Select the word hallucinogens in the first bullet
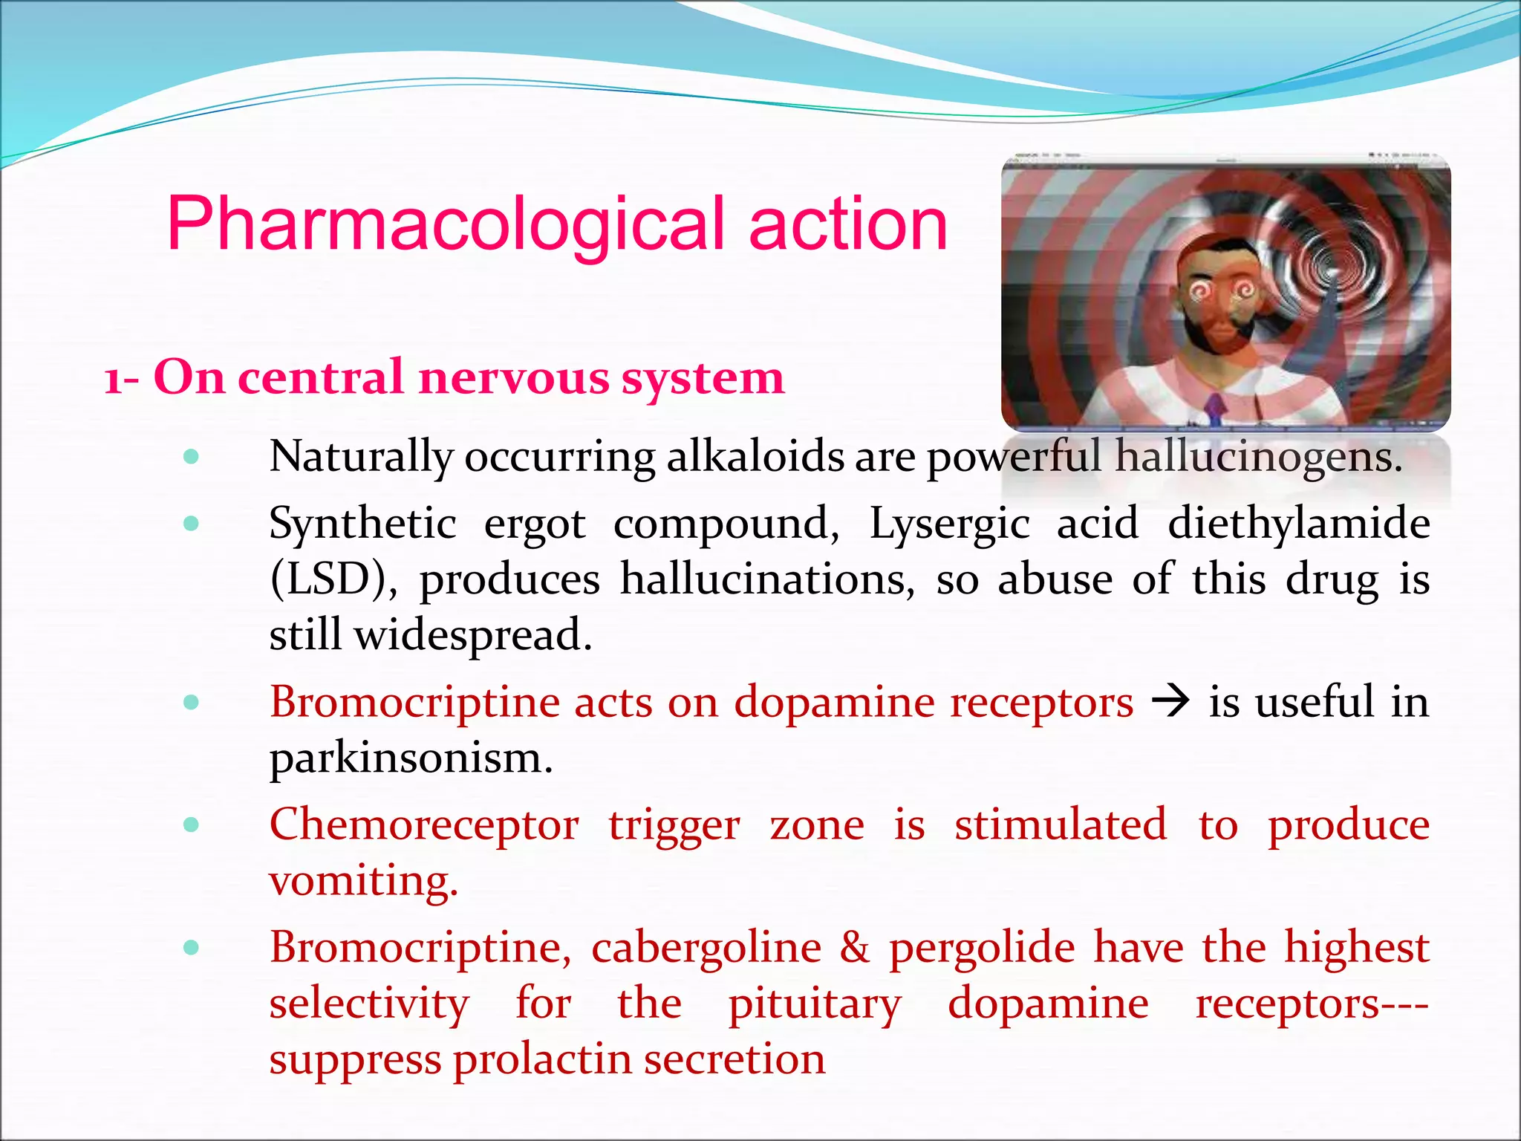1259,456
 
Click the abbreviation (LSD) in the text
333,579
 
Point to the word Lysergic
949,523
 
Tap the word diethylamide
1298,523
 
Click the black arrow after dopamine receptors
1170,701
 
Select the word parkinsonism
411,758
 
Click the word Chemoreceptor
424,825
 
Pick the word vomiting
363,881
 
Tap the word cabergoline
706,947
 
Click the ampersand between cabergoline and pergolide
855,947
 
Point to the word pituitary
814,1004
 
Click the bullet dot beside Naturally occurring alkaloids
192,456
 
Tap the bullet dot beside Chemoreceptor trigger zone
192,824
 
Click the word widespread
472,635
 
